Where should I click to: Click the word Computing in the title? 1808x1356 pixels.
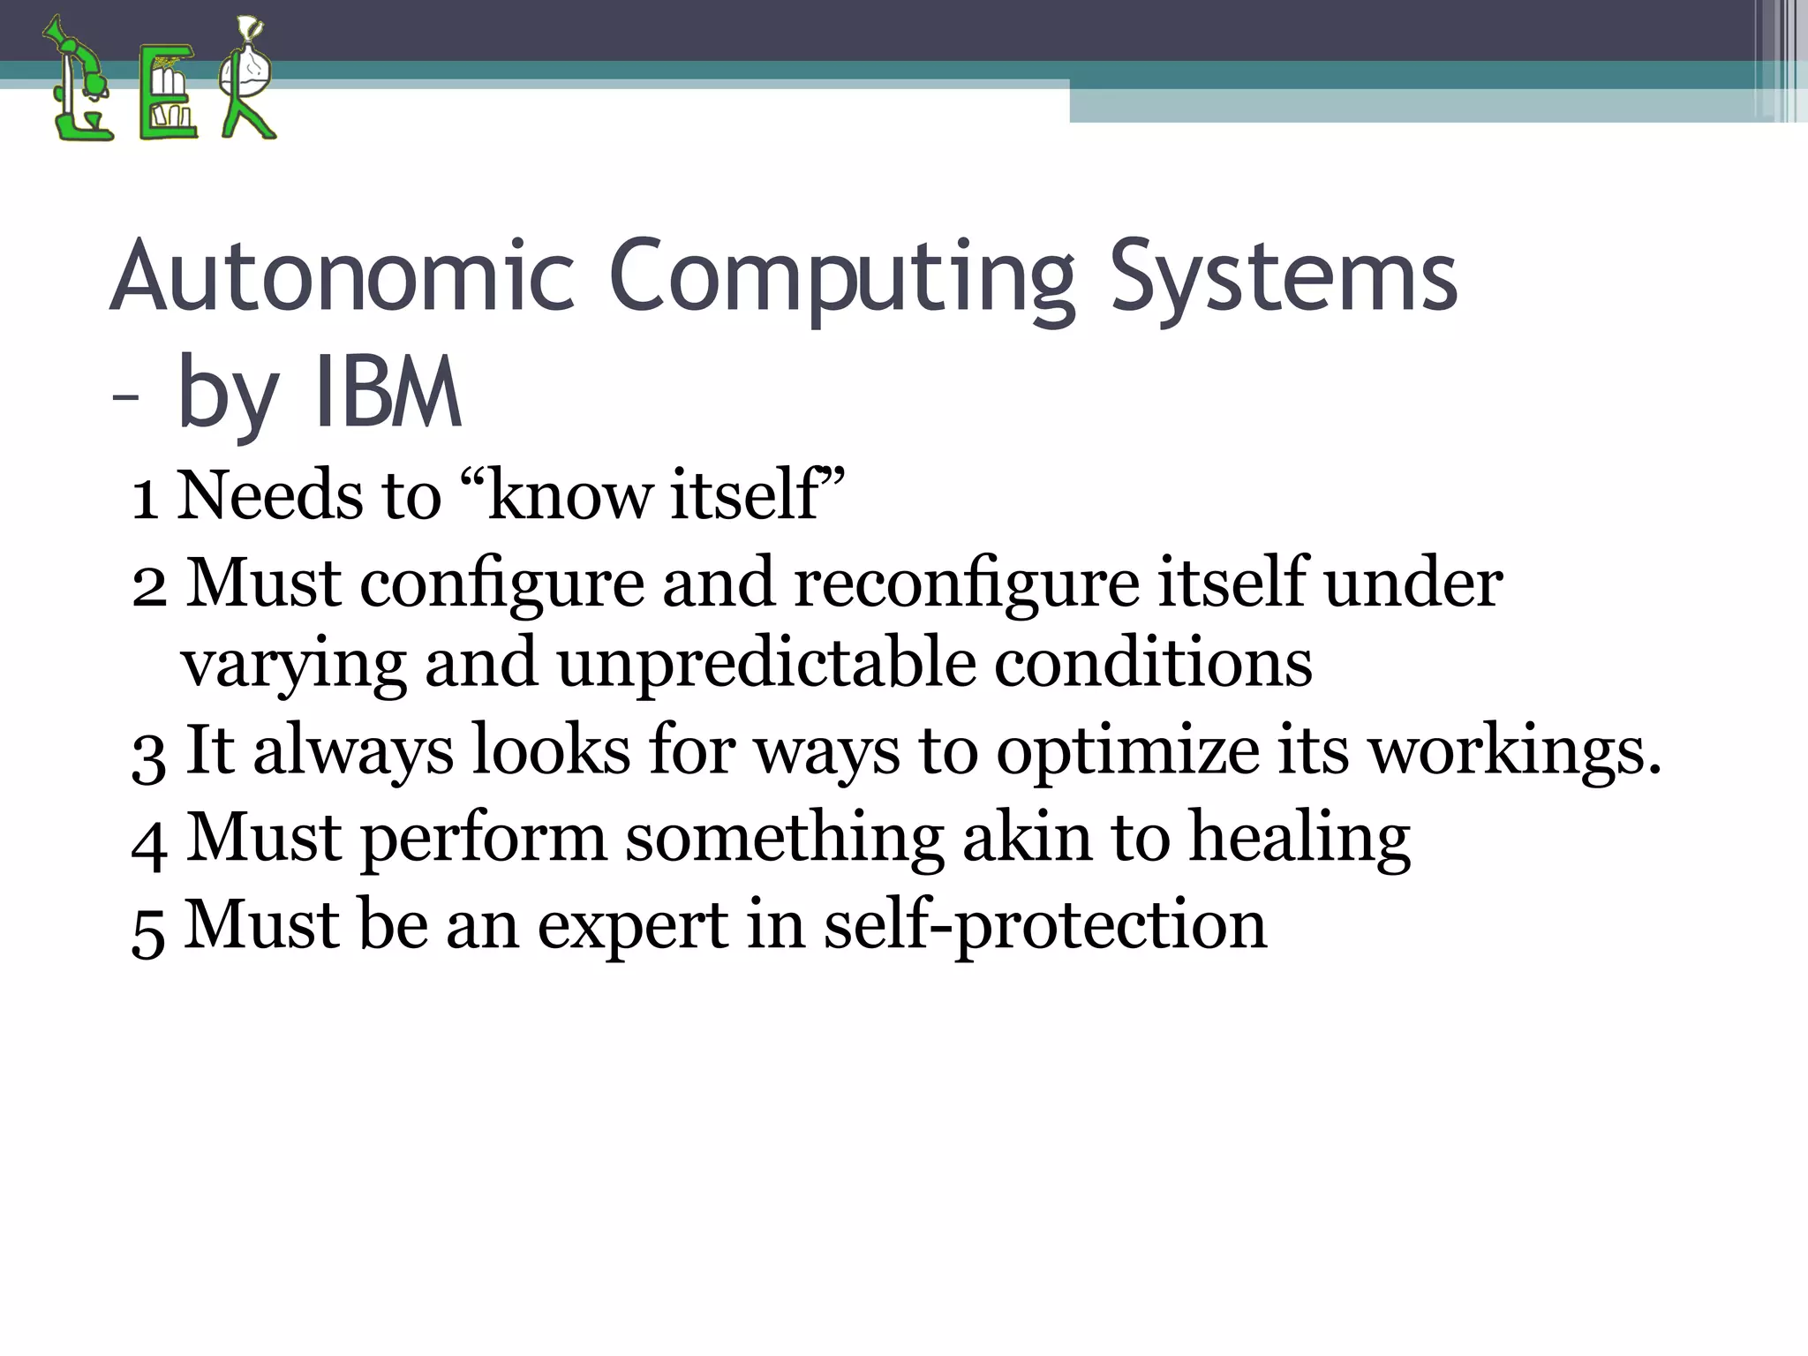842,275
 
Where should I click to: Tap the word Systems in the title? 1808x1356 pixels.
1284,275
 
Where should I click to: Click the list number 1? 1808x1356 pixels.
145,497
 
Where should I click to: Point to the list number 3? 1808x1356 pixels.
147,753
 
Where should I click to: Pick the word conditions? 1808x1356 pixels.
1153,663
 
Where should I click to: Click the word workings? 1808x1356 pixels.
1515,750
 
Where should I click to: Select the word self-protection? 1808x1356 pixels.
1045,925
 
